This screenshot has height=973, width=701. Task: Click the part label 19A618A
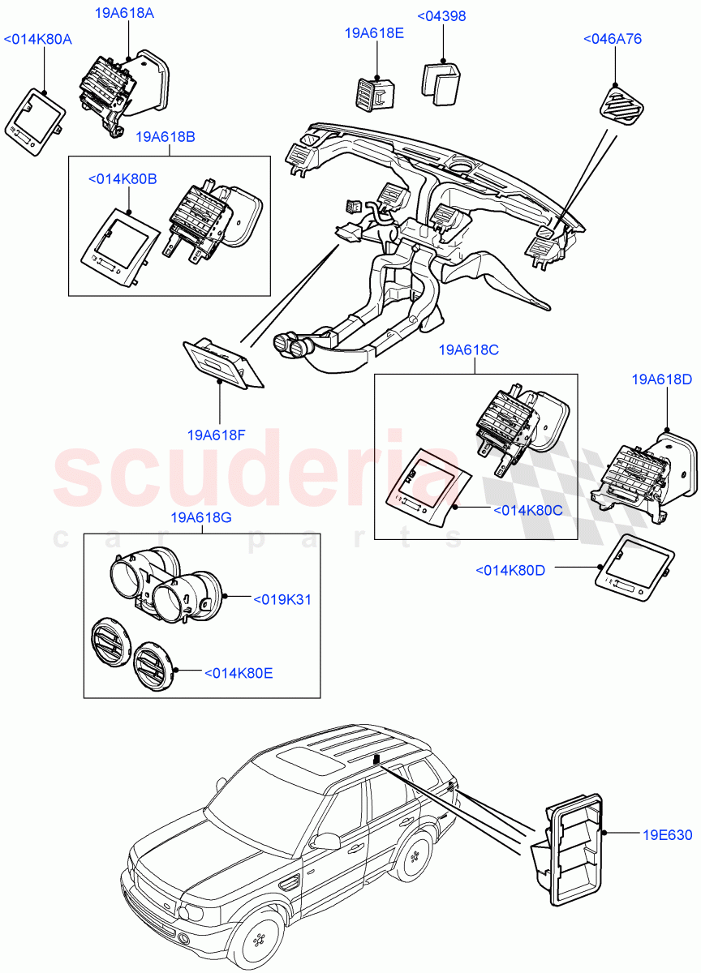point(126,14)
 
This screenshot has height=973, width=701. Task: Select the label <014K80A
point(38,39)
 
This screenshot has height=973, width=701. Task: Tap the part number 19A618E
point(374,32)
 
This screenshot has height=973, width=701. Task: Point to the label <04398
point(441,16)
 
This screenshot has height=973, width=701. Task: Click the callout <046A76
point(612,38)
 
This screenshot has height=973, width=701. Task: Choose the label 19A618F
point(216,434)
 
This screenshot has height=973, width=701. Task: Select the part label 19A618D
point(662,379)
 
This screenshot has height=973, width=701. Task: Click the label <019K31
point(282,599)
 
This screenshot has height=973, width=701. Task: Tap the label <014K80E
point(239,672)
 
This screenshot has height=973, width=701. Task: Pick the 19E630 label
point(669,835)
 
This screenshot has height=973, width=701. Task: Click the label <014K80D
point(510,571)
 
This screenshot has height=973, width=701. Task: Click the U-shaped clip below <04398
point(441,82)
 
